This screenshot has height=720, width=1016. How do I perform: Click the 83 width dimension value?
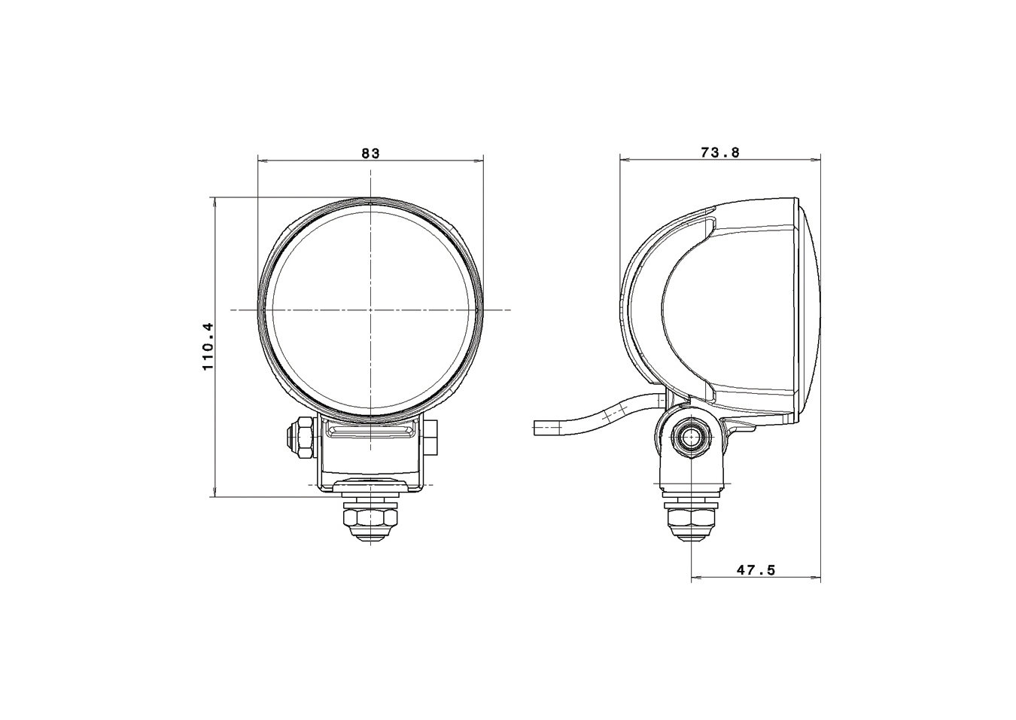coord(370,153)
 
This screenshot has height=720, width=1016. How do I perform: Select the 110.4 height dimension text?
coord(208,346)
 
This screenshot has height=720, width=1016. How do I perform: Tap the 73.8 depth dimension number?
coord(720,153)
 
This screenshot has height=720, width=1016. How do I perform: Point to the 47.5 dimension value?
coord(756,571)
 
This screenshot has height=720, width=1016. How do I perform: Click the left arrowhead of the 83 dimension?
coord(261,160)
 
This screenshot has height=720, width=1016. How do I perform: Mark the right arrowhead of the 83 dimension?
coord(479,160)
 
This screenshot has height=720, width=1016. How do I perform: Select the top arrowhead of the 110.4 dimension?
coord(215,201)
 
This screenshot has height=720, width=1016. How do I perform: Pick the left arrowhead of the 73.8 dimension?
coord(623,159)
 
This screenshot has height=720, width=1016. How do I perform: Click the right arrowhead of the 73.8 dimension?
coord(817,159)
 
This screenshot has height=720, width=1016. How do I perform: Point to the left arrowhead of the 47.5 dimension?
coord(695,579)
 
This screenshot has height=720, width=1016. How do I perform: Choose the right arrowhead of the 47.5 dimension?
coord(817,579)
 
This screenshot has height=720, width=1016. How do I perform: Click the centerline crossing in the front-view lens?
coord(371,310)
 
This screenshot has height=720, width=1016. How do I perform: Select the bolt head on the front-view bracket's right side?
coord(430,438)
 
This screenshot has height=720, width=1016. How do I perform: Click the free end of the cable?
coord(537,429)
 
